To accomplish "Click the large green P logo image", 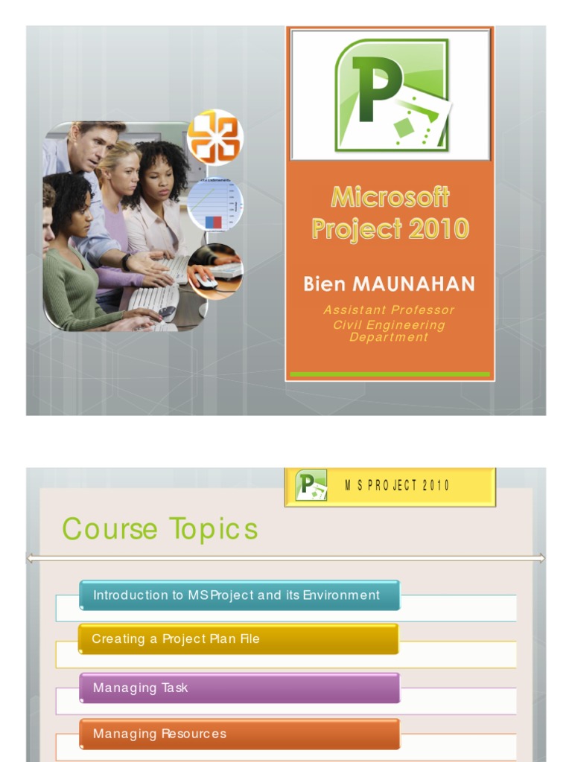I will pyautogui.click(x=391, y=95).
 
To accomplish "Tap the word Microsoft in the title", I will pyautogui.click(x=390, y=197).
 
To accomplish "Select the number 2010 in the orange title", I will pyautogui.click(x=435, y=228).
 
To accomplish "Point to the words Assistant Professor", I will pyautogui.click(x=389, y=310).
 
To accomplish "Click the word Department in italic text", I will pyautogui.click(x=389, y=337).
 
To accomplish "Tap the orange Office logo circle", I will pyautogui.click(x=214, y=137).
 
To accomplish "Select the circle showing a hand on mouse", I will pyautogui.click(x=214, y=270).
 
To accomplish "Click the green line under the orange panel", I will pyautogui.click(x=390, y=374).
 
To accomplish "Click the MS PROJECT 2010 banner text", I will pyautogui.click(x=397, y=485).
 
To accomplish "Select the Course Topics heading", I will pyautogui.click(x=160, y=529).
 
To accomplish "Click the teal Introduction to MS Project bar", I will pyautogui.click(x=239, y=595).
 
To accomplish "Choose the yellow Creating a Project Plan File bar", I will pyautogui.click(x=238, y=639).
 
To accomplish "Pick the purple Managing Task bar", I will pyautogui.click(x=239, y=688).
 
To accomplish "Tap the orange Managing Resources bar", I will pyautogui.click(x=239, y=734).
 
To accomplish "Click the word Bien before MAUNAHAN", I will pyautogui.click(x=325, y=284).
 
